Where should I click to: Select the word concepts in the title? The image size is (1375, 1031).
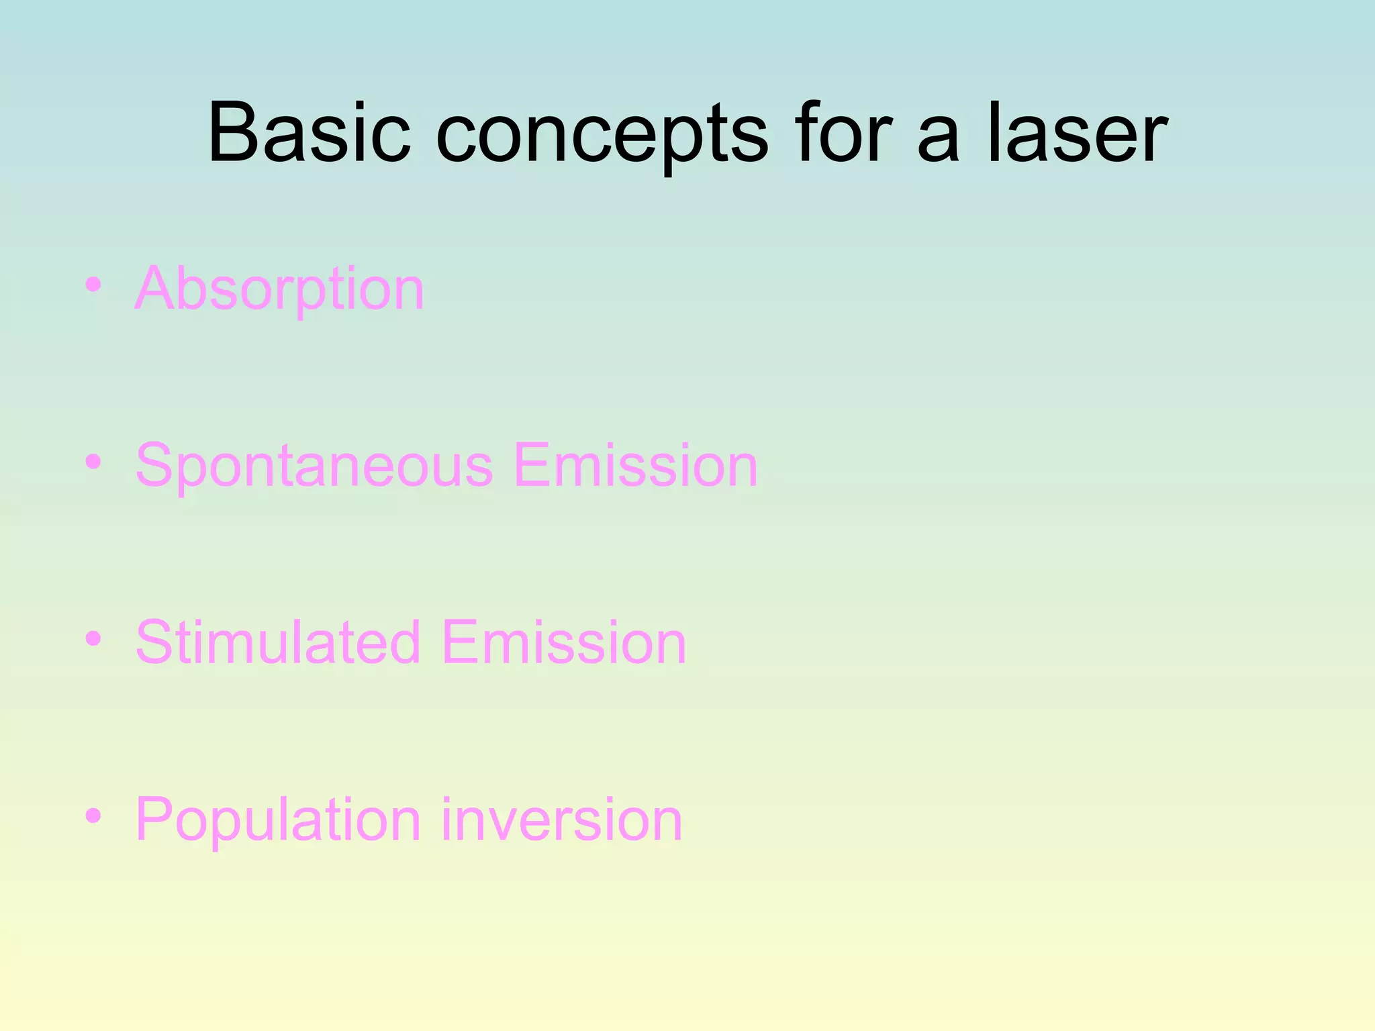coord(602,138)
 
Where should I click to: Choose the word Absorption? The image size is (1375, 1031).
coord(279,289)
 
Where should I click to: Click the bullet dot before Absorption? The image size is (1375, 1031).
coord(93,285)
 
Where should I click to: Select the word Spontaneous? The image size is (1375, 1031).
coord(314,467)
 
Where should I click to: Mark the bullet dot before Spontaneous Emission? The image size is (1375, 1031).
coord(93,462)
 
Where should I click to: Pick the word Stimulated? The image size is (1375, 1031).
coord(278,642)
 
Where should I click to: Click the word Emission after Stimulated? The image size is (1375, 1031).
coord(564,642)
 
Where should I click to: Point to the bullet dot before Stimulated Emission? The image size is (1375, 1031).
coord(93,638)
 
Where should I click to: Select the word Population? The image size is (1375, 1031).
coord(278,820)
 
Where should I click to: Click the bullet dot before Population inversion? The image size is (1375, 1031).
coord(93,816)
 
